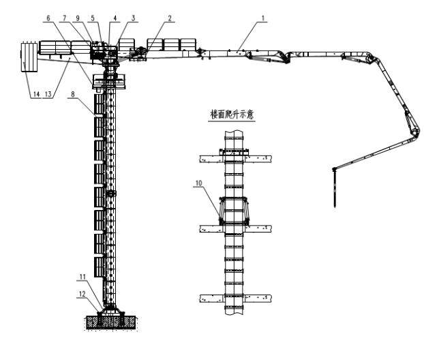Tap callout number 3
click(133, 20)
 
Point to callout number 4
click(117, 20)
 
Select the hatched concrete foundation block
click(112, 322)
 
